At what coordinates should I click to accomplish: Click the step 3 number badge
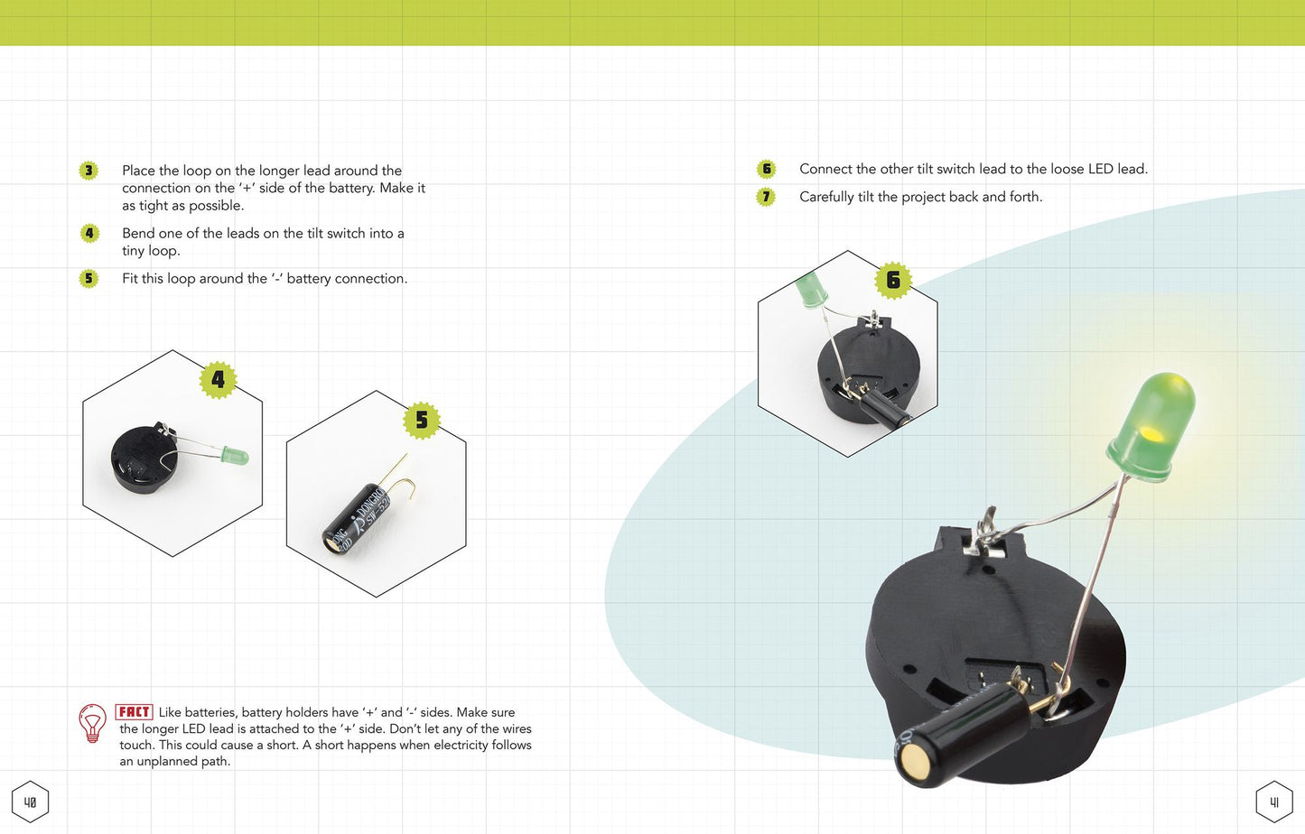point(89,171)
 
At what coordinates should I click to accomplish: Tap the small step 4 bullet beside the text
point(89,233)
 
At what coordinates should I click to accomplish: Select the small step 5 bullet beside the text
point(89,278)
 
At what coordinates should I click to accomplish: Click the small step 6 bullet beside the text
point(766,169)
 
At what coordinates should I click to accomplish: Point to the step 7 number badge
point(766,197)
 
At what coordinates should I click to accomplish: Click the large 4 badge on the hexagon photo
point(218,380)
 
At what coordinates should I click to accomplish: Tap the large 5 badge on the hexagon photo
point(422,420)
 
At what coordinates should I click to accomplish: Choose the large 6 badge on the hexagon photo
point(893,280)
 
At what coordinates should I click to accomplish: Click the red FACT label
point(134,711)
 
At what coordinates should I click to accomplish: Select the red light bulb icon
point(93,723)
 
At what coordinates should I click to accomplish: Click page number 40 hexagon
point(30,802)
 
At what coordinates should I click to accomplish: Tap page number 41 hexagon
point(1274,802)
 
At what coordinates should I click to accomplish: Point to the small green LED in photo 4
point(236,455)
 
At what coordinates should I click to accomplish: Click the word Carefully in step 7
point(826,197)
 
